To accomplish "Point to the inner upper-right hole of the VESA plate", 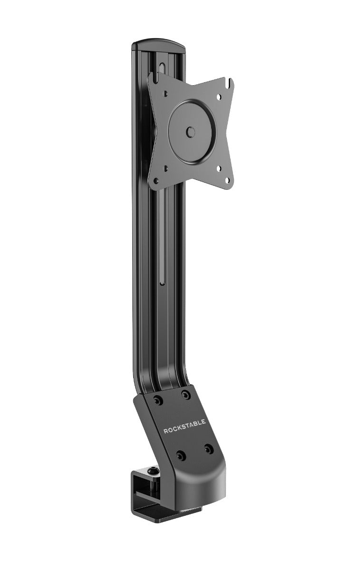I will click(x=218, y=97).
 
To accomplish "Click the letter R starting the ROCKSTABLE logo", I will click(x=165, y=432).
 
